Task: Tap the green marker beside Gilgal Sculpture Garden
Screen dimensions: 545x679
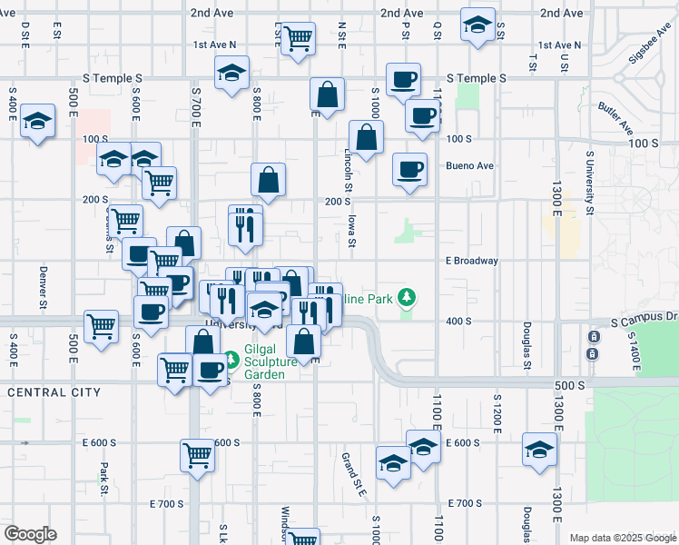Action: [x=231, y=361]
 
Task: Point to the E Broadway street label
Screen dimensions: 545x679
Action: [x=471, y=261]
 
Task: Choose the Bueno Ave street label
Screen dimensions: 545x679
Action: [x=469, y=166]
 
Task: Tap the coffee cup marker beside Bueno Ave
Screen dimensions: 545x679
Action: [x=409, y=168]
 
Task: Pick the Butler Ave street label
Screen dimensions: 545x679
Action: [x=615, y=118]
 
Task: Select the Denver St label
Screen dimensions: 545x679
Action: [x=43, y=285]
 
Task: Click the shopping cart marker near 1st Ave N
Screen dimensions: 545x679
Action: [x=297, y=39]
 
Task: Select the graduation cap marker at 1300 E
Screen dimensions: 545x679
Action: [x=539, y=450]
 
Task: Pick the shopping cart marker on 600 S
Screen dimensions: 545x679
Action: [x=197, y=454]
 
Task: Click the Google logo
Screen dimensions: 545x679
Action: [x=30, y=534]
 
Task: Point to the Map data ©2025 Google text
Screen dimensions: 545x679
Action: [x=622, y=538]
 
